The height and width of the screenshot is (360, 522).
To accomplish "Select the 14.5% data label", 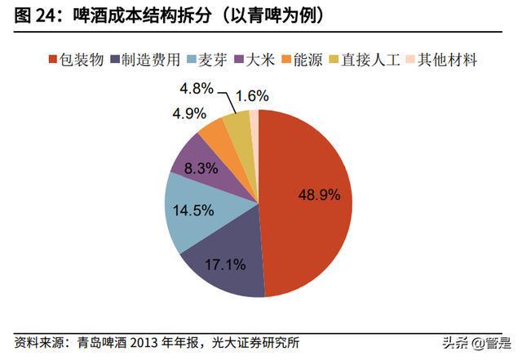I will pyautogui.click(x=194, y=210).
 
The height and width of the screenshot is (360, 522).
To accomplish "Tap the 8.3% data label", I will pyautogui.click(x=200, y=168).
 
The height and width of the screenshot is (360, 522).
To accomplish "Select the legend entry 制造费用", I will pyautogui.click(x=149, y=59).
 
